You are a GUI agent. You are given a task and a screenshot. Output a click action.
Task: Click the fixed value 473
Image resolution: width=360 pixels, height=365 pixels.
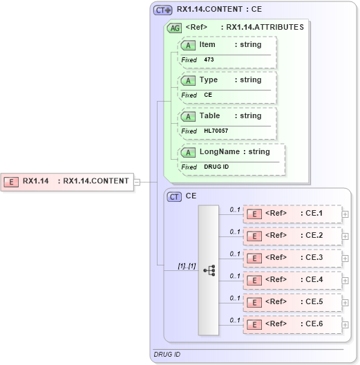(209, 60)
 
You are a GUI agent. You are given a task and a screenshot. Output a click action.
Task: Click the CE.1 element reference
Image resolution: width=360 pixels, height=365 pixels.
(292, 214)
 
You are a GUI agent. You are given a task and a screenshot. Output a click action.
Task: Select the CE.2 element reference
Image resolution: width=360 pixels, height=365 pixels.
(292, 236)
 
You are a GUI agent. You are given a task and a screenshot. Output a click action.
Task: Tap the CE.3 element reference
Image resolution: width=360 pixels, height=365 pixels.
(292, 258)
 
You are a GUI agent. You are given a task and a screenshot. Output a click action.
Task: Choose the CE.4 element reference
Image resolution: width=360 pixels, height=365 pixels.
(292, 280)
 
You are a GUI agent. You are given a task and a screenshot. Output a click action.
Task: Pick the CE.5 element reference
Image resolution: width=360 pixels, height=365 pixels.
(292, 302)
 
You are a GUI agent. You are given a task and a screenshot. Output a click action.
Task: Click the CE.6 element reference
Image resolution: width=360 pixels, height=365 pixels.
(292, 324)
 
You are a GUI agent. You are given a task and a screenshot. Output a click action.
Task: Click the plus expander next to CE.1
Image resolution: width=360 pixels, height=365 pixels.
(345, 214)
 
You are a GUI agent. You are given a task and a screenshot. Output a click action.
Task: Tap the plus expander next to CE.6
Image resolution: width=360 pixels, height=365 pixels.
(345, 325)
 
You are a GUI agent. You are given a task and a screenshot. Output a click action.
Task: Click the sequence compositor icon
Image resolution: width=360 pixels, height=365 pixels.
(209, 270)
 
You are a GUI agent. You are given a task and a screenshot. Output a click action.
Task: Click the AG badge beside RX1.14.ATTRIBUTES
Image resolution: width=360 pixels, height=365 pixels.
(175, 28)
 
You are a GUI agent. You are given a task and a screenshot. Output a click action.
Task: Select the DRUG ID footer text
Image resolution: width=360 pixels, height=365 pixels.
(167, 355)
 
